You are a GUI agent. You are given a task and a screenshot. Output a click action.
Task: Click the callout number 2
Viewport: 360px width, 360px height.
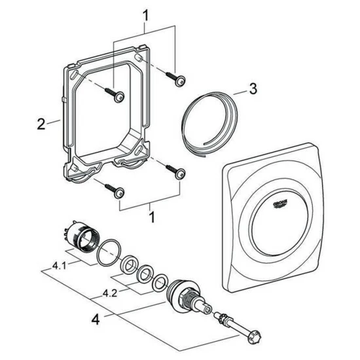pos(41,124)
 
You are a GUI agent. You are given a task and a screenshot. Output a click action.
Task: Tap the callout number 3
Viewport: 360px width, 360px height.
pos(253,88)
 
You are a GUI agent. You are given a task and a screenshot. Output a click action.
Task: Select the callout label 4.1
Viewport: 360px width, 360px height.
pos(59,266)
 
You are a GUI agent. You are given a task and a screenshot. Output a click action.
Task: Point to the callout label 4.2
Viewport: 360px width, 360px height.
pos(110,293)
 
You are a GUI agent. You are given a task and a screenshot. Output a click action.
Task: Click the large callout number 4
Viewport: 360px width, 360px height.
pos(96,319)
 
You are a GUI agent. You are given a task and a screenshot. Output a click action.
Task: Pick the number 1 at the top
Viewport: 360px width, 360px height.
pos(145,16)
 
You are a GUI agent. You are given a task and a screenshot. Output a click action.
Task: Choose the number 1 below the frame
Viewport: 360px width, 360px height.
pos(152,217)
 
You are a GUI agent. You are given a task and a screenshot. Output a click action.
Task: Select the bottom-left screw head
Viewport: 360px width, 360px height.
pos(119,193)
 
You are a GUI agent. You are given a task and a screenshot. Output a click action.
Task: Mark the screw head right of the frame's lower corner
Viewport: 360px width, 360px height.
pos(180,174)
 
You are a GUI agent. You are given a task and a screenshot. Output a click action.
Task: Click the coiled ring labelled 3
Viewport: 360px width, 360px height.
pos(209,124)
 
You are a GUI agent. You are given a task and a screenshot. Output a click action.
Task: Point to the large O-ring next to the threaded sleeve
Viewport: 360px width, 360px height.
pos(108,253)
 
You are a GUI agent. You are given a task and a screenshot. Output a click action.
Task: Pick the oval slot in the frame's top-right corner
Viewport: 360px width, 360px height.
pos(139,58)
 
